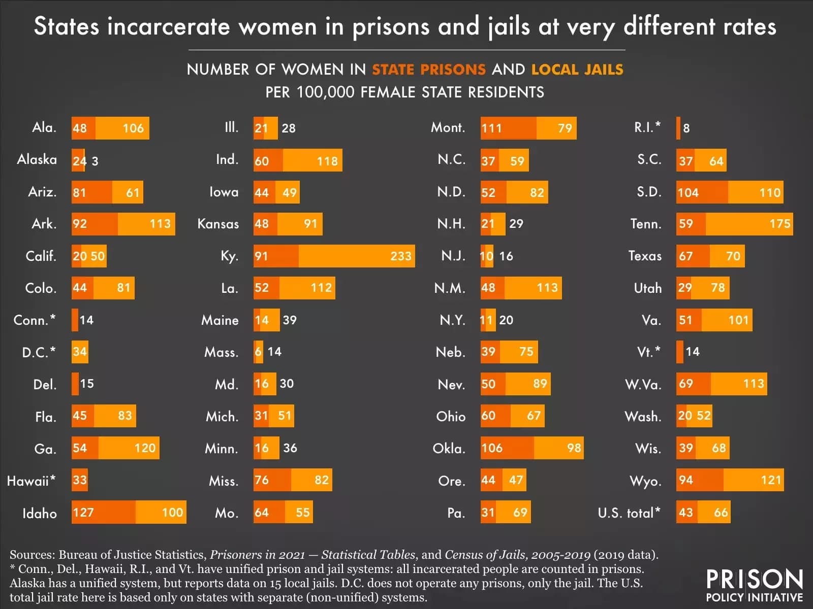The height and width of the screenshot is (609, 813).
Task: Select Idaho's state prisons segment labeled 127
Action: (x=103, y=512)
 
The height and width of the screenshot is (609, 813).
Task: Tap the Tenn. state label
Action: (x=645, y=224)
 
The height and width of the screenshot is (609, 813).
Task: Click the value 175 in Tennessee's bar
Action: (x=780, y=224)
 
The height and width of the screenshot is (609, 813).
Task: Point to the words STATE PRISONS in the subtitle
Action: (x=429, y=70)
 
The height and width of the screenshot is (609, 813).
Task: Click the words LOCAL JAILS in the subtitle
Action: (x=577, y=70)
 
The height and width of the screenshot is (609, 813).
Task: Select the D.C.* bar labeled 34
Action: (x=80, y=352)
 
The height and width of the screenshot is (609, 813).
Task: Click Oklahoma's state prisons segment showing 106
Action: (x=507, y=448)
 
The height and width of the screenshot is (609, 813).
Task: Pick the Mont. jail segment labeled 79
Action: (x=556, y=128)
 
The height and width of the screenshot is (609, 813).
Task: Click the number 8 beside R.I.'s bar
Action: (x=686, y=128)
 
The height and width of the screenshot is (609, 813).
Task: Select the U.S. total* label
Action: (x=629, y=513)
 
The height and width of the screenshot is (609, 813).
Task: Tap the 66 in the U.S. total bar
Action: (x=720, y=513)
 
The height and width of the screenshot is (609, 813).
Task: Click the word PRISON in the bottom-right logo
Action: (x=755, y=579)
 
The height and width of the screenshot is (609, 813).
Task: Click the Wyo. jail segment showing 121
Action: (x=754, y=480)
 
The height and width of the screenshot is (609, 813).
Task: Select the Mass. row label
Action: (x=221, y=352)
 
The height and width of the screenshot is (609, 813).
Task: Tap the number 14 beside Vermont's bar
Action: (x=692, y=352)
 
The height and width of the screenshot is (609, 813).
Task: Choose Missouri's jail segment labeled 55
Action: (x=299, y=512)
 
